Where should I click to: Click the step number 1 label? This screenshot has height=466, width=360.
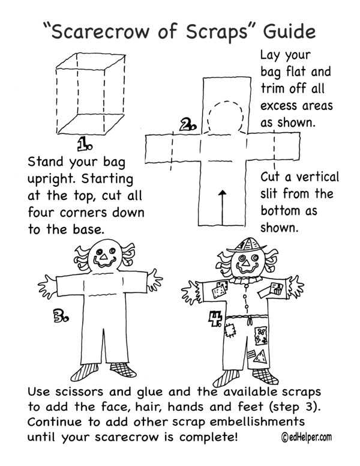[x=85, y=144]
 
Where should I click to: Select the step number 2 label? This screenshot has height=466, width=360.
[x=188, y=126]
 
